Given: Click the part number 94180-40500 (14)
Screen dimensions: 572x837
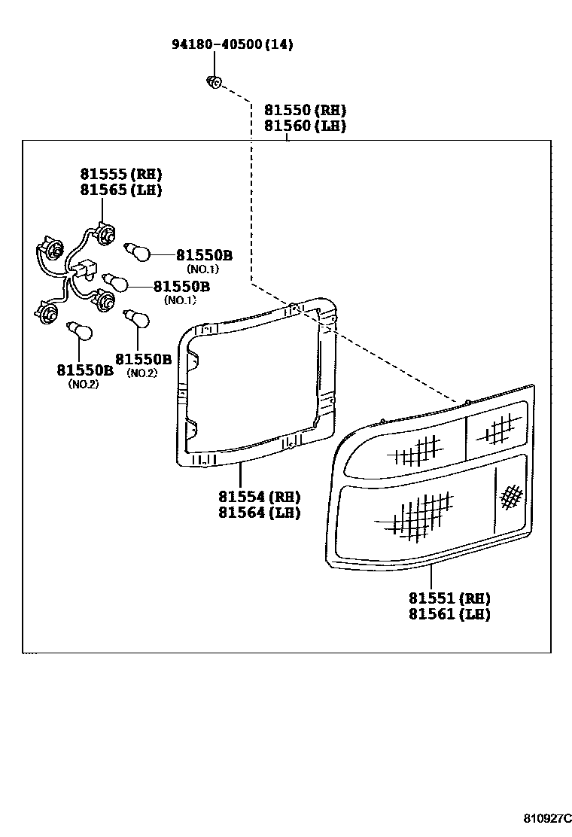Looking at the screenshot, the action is click(x=232, y=44).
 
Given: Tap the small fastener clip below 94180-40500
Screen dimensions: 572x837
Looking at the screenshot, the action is click(x=214, y=83).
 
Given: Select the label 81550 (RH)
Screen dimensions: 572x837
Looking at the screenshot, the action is click(x=306, y=110).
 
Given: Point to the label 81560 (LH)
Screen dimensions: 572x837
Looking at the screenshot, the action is click(x=306, y=126).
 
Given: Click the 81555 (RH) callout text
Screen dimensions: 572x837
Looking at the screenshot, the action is click(x=121, y=174).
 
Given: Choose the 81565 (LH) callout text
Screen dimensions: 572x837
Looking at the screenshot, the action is click(x=121, y=190).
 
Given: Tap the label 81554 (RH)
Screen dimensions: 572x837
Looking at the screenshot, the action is click(x=260, y=497).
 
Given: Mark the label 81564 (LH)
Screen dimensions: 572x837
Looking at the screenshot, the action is click(x=260, y=513).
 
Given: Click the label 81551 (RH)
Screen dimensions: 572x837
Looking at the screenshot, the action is click(x=450, y=598).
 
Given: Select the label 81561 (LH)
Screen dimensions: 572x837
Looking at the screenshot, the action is click(x=450, y=614).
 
